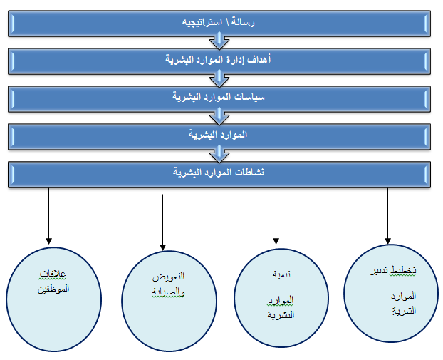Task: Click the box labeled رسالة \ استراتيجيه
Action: pyautogui.click(x=219, y=24)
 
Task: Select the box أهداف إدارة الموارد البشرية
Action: pyautogui.click(x=219, y=61)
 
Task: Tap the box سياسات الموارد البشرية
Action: pyautogui.click(x=219, y=99)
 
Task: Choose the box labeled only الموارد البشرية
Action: pyautogui.click(x=219, y=137)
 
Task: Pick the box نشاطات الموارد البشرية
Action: pyautogui.click(x=219, y=175)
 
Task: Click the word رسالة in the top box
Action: pyautogui.click(x=243, y=22)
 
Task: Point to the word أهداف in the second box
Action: pyautogui.click(x=259, y=59)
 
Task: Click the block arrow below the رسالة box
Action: pyautogui.click(x=219, y=41)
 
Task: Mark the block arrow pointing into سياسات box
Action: pyautogui.click(x=219, y=78)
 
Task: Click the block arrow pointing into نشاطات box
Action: pyautogui.click(x=219, y=154)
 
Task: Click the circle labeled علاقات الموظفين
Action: pyautogui.click(x=53, y=299)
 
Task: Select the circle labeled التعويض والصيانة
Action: pyautogui.click(x=170, y=301)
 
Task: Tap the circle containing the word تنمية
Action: pyautogui.click(x=281, y=298)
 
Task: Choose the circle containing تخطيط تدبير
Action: pyautogui.click(x=391, y=293)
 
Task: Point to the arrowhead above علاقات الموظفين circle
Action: pyautogui.click(x=49, y=241)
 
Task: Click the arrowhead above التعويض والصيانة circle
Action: pyautogui.click(x=162, y=247)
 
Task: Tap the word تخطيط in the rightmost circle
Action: pyautogui.click(x=403, y=270)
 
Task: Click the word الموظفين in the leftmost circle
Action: pyautogui.click(x=53, y=289)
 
